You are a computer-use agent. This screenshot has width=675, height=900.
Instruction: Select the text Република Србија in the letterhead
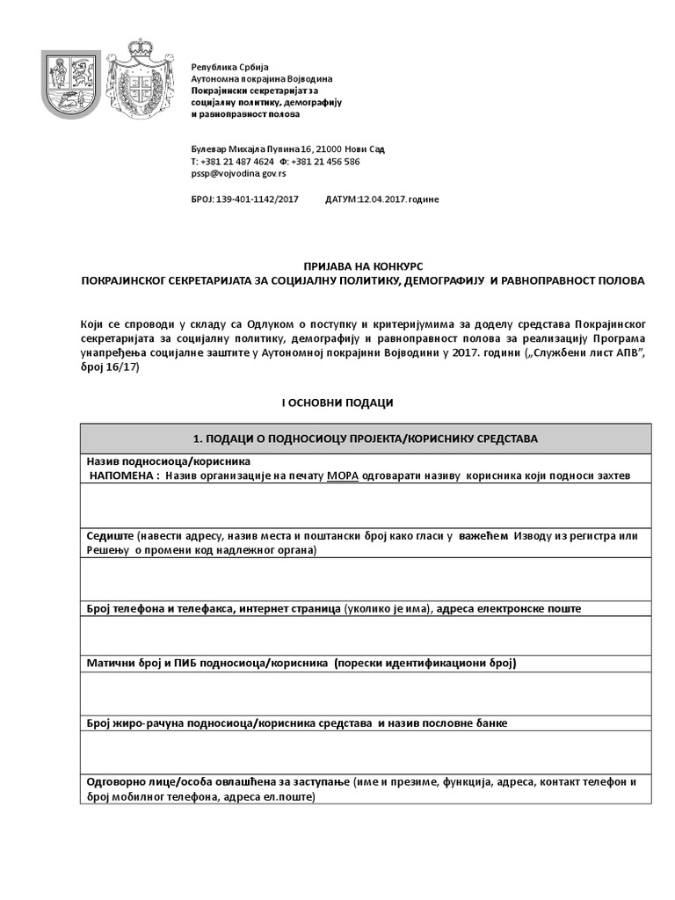pyautogui.click(x=229, y=67)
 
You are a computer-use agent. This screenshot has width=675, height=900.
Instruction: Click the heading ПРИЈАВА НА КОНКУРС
pyautogui.click(x=362, y=266)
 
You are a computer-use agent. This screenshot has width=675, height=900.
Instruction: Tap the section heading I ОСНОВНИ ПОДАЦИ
pyautogui.click(x=337, y=402)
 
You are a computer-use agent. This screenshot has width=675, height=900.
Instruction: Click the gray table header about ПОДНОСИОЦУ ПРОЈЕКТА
pyautogui.click(x=365, y=438)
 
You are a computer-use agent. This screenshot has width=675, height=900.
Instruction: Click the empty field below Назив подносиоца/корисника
pyautogui.click(x=365, y=504)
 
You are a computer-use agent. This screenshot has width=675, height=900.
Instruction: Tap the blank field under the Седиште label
pyautogui.click(x=365, y=578)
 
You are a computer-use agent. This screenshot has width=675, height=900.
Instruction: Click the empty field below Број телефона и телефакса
pyautogui.click(x=365, y=635)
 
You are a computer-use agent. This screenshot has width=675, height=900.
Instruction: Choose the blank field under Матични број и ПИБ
pyautogui.click(x=365, y=693)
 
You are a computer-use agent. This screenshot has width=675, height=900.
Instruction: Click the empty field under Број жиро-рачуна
pyautogui.click(x=365, y=751)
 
